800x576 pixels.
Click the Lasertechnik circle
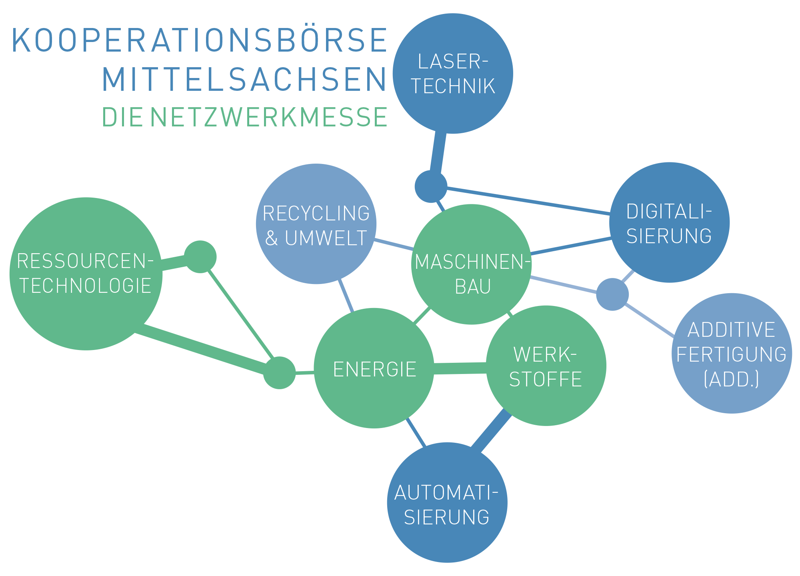pos(453,74)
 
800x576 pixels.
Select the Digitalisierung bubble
pos(669,222)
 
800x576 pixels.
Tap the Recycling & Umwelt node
pos(316,224)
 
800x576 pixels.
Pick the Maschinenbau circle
pos(472,264)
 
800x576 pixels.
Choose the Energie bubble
pos(374,368)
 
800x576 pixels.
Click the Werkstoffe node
pos(546,366)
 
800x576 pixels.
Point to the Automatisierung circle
pos(447,502)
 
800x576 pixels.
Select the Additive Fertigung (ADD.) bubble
pos(732,353)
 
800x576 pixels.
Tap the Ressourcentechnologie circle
pos(86,274)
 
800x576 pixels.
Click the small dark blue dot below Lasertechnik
pos(431,186)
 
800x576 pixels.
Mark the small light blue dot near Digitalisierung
pos(612,294)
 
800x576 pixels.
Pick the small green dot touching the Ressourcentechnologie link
pos(200,257)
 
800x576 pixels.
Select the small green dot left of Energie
pos(279,373)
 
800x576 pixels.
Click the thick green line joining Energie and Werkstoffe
pos(460,368)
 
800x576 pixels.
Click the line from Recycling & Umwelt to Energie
pos(346,295)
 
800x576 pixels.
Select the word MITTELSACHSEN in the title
pos(244,80)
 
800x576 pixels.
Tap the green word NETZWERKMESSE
pos(268,117)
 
